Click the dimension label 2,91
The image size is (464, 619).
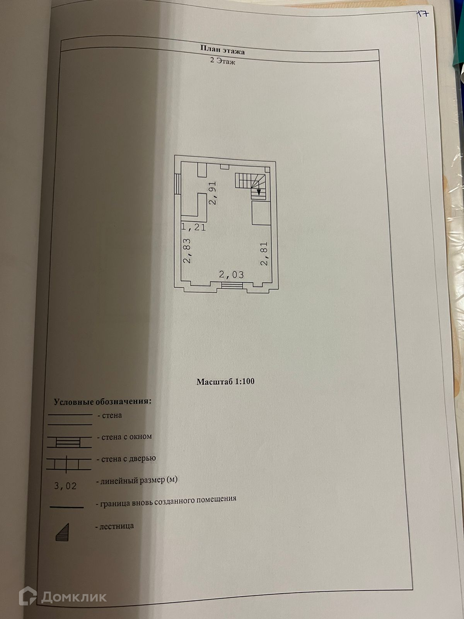point(213,193)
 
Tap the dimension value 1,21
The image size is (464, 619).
point(194,227)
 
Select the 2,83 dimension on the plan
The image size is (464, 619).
point(187,251)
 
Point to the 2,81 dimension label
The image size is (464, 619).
point(264,253)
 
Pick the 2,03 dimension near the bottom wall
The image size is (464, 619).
point(231,275)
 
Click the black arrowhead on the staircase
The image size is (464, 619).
point(259,191)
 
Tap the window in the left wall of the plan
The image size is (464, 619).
point(177,183)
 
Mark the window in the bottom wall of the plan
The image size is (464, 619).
point(232,286)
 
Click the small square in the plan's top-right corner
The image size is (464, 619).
point(267,169)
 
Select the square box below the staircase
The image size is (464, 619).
point(261,213)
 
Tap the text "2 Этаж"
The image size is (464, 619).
point(222,61)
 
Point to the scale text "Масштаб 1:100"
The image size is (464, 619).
point(225,381)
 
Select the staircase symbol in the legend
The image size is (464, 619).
point(63,532)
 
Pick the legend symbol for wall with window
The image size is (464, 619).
point(69,442)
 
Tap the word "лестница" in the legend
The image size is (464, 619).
point(117,526)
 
